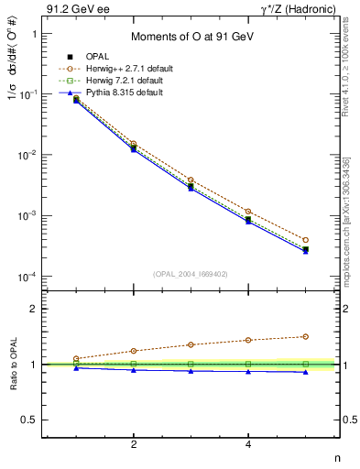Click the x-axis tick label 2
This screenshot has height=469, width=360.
134,444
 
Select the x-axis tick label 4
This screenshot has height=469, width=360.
248,444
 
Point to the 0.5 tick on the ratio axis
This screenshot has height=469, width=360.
31,420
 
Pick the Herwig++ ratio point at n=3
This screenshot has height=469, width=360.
191,344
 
